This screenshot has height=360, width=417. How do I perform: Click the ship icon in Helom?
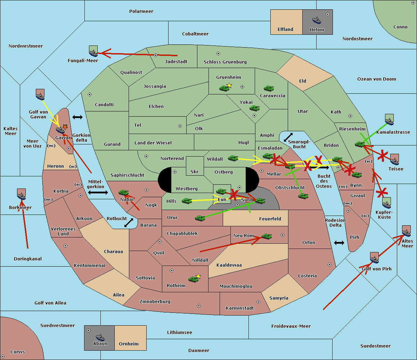pyautogui.click(x=317, y=20)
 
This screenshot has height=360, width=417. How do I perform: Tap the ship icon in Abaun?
pyautogui.click(x=100, y=337)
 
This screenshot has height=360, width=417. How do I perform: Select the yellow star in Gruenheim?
pyautogui.click(x=229, y=85)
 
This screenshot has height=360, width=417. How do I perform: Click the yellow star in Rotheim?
pyautogui.click(x=198, y=276)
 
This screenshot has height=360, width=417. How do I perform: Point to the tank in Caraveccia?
pyautogui.click(x=269, y=88)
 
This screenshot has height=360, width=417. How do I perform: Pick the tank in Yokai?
pyautogui.click(x=255, y=108)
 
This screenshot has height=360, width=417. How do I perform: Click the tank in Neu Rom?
pyautogui.click(x=267, y=236)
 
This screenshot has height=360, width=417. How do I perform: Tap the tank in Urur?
pyautogui.click(x=200, y=218)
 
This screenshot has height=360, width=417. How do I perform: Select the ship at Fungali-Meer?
pyautogui.click(x=93, y=51)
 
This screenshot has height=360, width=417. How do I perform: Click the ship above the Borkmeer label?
pyautogui.click(x=22, y=194)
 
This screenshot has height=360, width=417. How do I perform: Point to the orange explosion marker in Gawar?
pyautogui.click(x=65, y=127)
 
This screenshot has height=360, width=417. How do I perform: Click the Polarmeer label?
pyautogui.click(x=141, y=11)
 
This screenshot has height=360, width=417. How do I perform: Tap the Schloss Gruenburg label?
pyautogui.click(x=225, y=62)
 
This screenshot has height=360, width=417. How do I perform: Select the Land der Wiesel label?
pyautogui.click(x=153, y=143)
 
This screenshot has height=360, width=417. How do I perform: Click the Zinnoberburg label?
pyautogui.click(x=155, y=302)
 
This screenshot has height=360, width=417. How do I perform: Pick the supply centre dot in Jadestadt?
pyautogui.click(x=156, y=55)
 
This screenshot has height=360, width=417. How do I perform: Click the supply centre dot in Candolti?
pyautogui.click(x=90, y=94)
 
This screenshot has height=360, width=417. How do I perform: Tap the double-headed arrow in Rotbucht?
pyautogui.click(x=129, y=223)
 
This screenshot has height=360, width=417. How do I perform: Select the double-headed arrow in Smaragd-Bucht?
pyautogui.click(x=288, y=137)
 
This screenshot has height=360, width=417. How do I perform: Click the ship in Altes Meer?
pyautogui.click(x=406, y=231)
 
